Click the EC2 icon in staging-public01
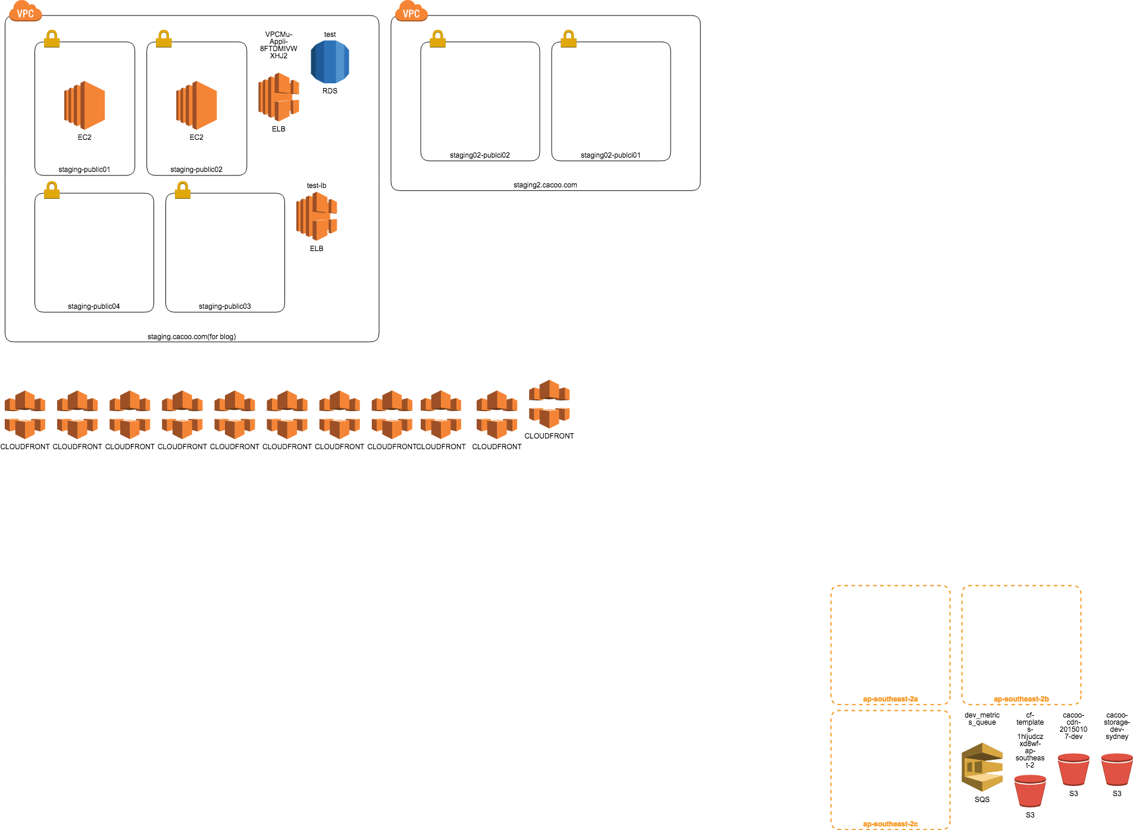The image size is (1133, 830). click(84, 105)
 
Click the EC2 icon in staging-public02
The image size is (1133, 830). click(196, 105)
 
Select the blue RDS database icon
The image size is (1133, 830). click(330, 62)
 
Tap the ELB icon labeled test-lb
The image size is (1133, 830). click(317, 216)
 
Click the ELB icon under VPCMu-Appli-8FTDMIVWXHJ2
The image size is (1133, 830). click(278, 97)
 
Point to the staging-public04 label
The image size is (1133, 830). click(94, 306)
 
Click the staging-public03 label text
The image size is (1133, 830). click(225, 306)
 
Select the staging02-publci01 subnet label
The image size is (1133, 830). click(611, 155)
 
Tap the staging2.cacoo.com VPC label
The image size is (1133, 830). click(545, 185)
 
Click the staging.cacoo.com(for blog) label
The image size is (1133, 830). click(192, 337)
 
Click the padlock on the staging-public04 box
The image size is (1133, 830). click(52, 190)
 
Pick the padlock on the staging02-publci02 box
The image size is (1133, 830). click(437, 39)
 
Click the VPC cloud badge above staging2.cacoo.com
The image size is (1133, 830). click(411, 12)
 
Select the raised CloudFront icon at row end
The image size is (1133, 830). click(549, 404)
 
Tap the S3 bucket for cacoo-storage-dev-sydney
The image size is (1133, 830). click(1117, 769)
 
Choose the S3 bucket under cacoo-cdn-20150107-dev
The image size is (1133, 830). click(1073, 769)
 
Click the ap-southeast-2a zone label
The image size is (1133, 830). click(890, 699)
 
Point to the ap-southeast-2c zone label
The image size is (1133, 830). click(890, 824)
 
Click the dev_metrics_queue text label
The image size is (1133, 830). click(982, 719)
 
